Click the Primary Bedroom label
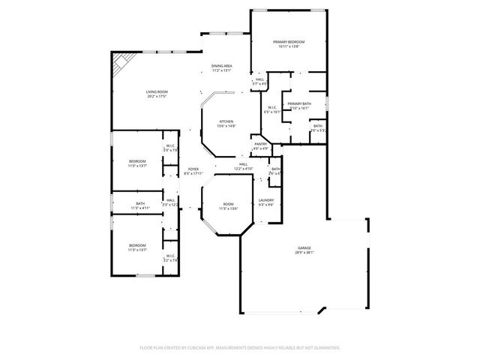tap(289, 42)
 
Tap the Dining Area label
tap(221, 66)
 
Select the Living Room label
tap(156, 92)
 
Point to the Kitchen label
tap(226, 121)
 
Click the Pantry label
tap(260, 144)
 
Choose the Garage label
tap(304, 247)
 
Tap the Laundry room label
tap(266, 199)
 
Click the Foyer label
tap(193, 169)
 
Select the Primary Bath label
tap(298, 103)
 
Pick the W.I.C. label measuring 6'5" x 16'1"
tap(272, 112)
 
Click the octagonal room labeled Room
tap(228, 204)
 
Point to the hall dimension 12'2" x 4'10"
tap(243, 169)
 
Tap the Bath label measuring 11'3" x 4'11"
tap(140, 208)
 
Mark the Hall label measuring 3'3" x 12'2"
tap(170, 204)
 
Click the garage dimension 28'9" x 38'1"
tap(304, 253)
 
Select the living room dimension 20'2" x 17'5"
tap(156, 97)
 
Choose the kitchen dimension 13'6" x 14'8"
tap(226, 126)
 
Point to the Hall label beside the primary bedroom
tap(259, 79)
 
